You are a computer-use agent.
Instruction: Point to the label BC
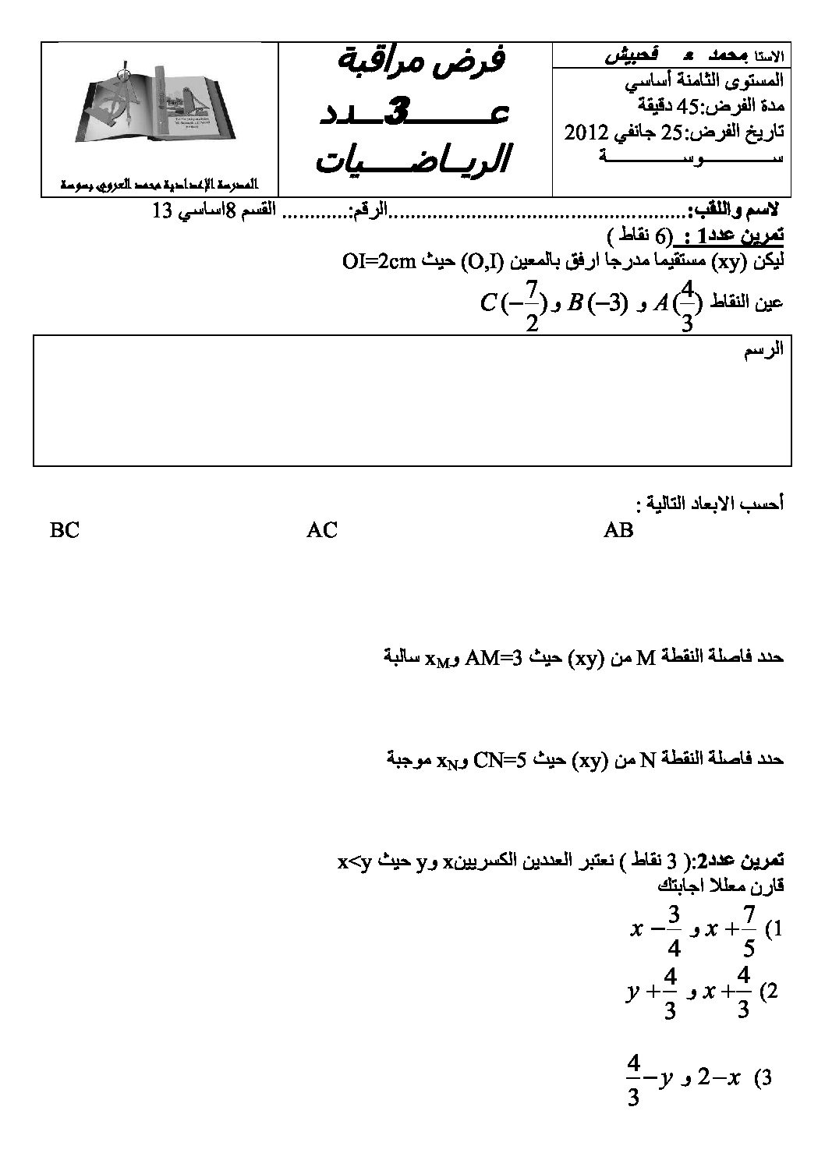(64, 531)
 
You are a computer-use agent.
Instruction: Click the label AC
(322, 531)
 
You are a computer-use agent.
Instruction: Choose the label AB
(618, 531)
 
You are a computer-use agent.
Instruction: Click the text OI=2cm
(381, 263)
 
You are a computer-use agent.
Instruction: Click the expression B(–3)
(597, 302)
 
